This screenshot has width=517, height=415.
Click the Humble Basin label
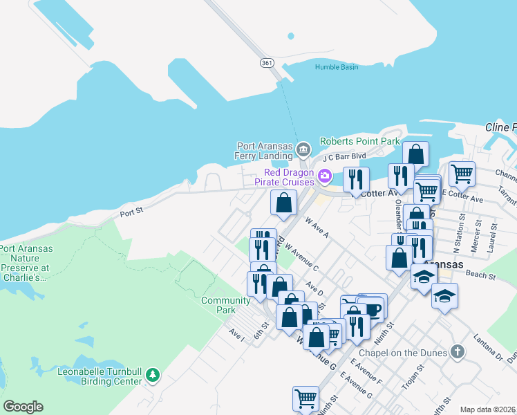click(x=337, y=67)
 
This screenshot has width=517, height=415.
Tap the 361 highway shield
click(x=267, y=63)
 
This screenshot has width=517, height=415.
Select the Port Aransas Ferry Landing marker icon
click(x=303, y=149)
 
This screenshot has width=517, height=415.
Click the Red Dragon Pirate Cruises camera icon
click(x=323, y=176)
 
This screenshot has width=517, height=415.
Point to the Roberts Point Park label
click(x=359, y=141)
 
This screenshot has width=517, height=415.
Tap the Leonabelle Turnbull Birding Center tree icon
click(x=152, y=376)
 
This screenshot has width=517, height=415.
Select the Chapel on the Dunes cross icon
click(x=455, y=352)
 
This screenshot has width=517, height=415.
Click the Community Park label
click(x=225, y=305)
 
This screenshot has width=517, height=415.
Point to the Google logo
click(x=23, y=407)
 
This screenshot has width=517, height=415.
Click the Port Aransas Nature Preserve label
click(x=25, y=263)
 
